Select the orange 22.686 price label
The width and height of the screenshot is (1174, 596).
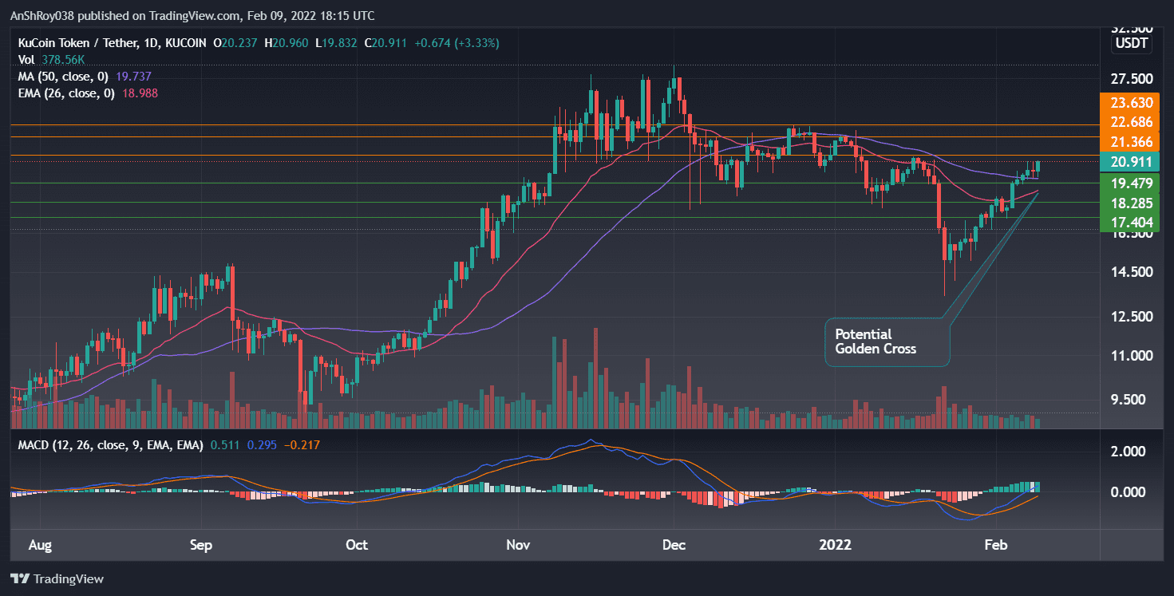(1125, 122)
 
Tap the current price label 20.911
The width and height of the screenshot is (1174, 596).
(1125, 162)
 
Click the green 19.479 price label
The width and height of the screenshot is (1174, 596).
(1125, 183)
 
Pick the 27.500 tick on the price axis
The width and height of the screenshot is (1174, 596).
(1131, 79)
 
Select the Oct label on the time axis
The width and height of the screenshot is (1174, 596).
(357, 545)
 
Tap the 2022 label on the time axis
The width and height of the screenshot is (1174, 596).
(836, 545)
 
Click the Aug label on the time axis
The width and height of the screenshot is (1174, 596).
(40, 545)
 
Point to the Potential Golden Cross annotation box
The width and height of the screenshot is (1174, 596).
(887, 341)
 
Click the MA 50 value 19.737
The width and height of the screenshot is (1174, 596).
(133, 77)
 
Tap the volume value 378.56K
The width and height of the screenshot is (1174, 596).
(65, 60)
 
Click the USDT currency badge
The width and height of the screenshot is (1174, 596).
(1132, 43)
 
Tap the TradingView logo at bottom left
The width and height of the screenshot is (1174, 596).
(57, 578)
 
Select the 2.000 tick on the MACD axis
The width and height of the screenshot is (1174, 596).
(1129, 451)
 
